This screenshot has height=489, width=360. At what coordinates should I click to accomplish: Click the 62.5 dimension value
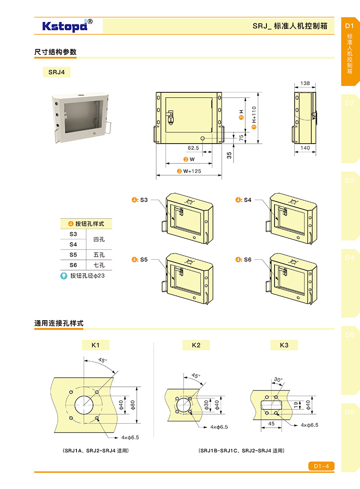click(x=193, y=148)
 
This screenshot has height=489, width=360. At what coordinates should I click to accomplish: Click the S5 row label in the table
click(x=73, y=254)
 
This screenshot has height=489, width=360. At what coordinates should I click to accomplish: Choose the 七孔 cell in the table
click(x=99, y=265)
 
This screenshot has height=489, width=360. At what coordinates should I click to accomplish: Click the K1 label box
click(x=95, y=345)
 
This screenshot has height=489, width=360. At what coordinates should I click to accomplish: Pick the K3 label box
click(x=284, y=345)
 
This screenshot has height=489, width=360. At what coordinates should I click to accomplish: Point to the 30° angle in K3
click(x=279, y=380)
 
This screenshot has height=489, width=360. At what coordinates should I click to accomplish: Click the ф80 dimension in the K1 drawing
click(x=133, y=405)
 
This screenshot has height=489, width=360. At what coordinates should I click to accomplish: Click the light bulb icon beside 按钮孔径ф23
click(x=64, y=276)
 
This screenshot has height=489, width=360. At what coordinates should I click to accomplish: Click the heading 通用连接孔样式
click(x=59, y=323)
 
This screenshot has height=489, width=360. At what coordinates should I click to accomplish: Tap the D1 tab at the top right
click(x=350, y=26)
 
